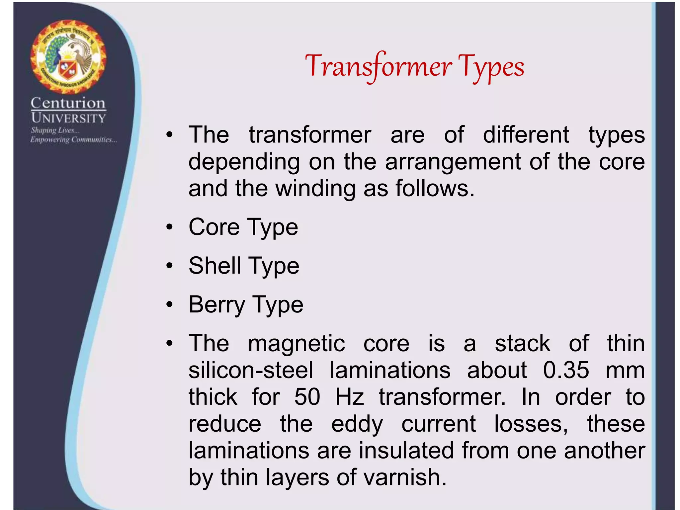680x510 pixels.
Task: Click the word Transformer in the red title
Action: pyautogui.click(x=379, y=66)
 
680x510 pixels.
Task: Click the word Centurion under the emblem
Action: pyautogui.click(x=68, y=103)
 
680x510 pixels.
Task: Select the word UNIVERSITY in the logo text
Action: pyautogui.click(x=68, y=118)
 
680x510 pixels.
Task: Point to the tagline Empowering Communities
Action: pyautogui.click(x=73, y=140)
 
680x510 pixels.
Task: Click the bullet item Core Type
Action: pyautogui.click(x=243, y=227)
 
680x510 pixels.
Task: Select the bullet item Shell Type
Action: pyautogui.click(x=244, y=266)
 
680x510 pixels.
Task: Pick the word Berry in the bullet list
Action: pyautogui.click(x=216, y=305)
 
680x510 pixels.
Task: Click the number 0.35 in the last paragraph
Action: pyautogui.click(x=566, y=370)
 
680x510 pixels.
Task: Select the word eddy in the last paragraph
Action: pyautogui.click(x=357, y=424)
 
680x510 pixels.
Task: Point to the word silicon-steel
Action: pyautogui.click(x=251, y=370)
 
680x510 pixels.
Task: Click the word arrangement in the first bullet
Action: pyautogui.click(x=453, y=162)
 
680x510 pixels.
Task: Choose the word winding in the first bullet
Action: pyautogui.click(x=315, y=189)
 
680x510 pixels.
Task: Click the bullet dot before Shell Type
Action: pyautogui.click(x=170, y=266)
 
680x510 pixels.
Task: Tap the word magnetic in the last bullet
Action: pyautogui.click(x=296, y=343)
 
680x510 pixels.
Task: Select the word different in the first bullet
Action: pyautogui.click(x=526, y=135)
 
